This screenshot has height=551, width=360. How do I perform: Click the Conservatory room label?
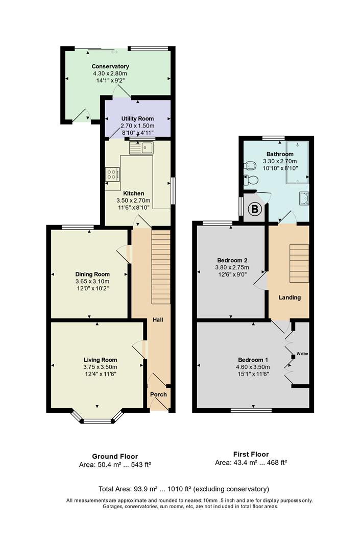click(x=110, y=66)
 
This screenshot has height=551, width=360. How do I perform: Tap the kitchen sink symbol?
click(x=141, y=148)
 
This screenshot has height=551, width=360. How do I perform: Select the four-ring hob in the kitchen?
click(x=112, y=174)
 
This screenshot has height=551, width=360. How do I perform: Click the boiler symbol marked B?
click(x=255, y=210)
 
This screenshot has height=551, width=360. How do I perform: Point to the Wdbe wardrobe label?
click(x=302, y=354)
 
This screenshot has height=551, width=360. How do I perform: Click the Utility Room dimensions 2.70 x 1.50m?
click(x=137, y=126)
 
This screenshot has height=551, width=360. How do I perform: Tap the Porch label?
click(x=159, y=394)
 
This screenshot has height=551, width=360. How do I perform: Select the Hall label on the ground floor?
click(x=158, y=320)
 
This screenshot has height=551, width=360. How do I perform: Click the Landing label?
click(x=290, y=297)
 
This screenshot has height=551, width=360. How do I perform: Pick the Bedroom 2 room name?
click(x=232, y=260)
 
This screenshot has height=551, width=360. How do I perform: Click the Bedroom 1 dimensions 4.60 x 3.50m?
click(x=253, y=367)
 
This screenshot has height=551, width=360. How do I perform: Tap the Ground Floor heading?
click(x=115, y=457)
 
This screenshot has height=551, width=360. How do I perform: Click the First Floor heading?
click(x=251, y=454)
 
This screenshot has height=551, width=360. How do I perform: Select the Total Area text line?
click(x=183, y=489)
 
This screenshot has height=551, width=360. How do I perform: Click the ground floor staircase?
click(x=161, y=267)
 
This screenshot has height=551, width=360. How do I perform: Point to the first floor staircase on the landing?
click(x=299, y=263)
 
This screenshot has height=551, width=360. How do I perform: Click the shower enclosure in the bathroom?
click(x=298, y=162)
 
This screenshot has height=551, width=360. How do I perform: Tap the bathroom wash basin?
click(x=304, y=198)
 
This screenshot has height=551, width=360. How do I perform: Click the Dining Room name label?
click(x=92, y=274)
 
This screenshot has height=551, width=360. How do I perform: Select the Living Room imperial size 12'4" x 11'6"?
click(x=101, y=374)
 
